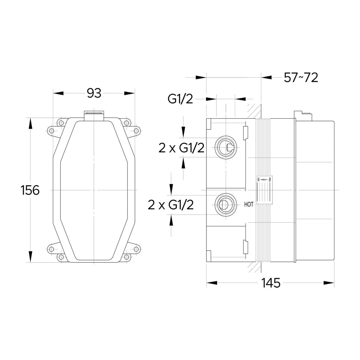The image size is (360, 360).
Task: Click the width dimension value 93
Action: pyautogui.click(x=94, y=93)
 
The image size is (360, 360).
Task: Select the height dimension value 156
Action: pyautogui.click(x=30, y=190)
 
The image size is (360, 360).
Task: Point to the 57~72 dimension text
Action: pyautogui.click(x=301, y=78)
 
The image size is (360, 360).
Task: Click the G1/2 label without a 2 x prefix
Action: pyautogui.click(x=180, y=99)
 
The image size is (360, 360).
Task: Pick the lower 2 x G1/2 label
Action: pyautogui.click(x=171, y=205)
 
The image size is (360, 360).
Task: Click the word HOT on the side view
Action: pyautogui.click(x=249, y=204)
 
